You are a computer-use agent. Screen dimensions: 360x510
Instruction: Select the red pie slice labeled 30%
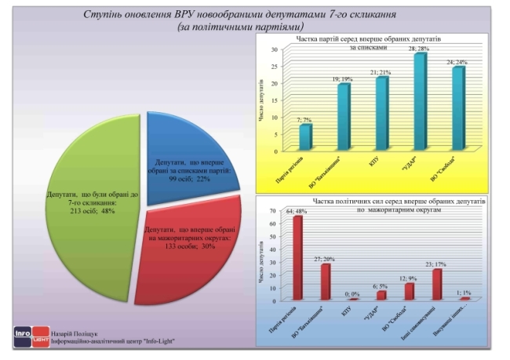tap(196, 251)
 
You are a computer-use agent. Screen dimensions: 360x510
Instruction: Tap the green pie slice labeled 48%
tap(86, 212)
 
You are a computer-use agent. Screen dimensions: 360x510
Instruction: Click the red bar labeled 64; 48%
tap(297, 258)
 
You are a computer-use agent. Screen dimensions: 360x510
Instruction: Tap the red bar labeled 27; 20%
tap(325, 282)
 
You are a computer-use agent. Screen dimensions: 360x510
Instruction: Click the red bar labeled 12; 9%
tap(409, 291)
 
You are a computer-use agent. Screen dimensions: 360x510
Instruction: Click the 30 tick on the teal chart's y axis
tap(275, 49)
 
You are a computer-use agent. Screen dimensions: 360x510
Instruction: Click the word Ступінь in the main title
tap(102, 15)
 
